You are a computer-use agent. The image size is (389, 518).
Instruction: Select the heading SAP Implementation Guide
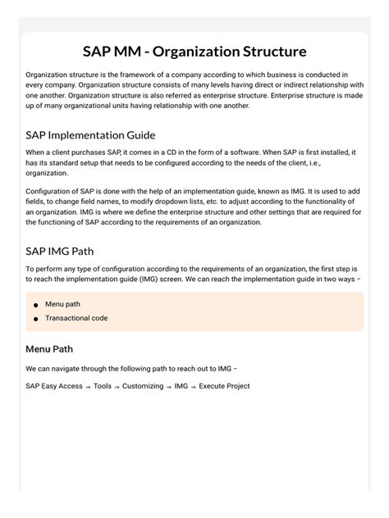90,135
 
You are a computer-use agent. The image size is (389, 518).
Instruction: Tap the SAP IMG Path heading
65,251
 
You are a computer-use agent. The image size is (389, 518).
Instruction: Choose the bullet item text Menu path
62,304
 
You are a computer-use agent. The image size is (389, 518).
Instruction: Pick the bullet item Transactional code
76,318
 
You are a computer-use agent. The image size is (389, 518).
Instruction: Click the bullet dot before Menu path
35,305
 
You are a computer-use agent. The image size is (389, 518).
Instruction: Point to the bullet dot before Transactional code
35,319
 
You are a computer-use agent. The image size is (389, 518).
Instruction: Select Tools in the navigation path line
103,386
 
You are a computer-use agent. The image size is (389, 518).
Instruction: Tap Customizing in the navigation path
143,386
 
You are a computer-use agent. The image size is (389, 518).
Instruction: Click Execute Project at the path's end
224,386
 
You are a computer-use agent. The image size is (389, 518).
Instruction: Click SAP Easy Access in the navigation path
53,386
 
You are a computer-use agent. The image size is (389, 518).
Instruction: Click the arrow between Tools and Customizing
117,387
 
